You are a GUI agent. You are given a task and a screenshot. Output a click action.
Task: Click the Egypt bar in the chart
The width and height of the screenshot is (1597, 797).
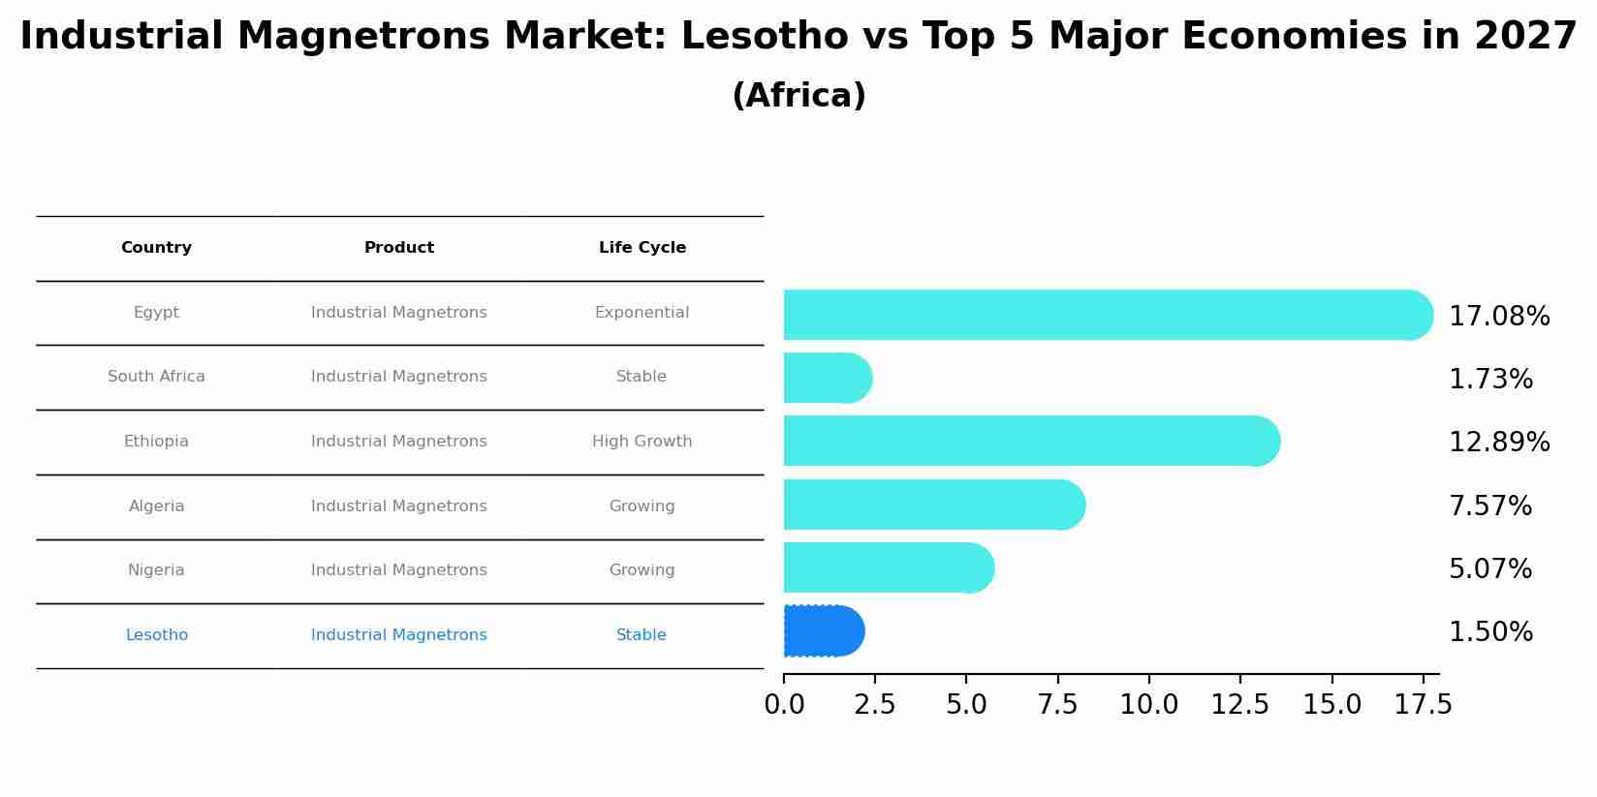pos(1105,315)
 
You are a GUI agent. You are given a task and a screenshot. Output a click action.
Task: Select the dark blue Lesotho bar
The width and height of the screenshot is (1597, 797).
pos(823,631)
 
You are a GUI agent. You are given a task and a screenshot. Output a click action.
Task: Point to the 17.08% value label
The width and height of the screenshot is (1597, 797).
pos(1498,317)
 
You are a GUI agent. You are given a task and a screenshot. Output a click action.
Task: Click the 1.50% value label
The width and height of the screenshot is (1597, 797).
pos(1489,632)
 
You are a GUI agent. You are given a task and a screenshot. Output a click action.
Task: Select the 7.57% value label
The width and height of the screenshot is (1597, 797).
pos(1489,506)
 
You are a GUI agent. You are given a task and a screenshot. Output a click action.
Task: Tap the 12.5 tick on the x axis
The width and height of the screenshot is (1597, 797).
pos(1239,705)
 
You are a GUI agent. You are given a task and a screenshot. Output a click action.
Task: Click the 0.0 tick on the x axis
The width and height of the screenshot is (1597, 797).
pos(784,705)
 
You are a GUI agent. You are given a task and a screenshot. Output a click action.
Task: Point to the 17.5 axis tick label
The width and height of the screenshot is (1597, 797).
pos(1423,705)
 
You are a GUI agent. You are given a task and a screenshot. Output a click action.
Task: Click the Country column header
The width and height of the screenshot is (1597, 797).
pos(156,248)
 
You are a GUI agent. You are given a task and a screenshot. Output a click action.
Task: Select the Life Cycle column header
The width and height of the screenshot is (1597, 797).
pos(642,248)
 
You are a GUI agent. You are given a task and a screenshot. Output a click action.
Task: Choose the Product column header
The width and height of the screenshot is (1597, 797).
pos(398,248)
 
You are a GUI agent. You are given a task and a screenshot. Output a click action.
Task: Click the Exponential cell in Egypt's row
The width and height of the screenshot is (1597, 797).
pos(642,313)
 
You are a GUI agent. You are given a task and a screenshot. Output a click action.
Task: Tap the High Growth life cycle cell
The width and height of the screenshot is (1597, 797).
pos(642,442)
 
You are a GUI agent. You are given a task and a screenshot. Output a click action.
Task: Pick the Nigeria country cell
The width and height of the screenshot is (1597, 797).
pos(156,570)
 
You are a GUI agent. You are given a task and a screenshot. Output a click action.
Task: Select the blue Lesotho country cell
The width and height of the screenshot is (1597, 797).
pos(156,635)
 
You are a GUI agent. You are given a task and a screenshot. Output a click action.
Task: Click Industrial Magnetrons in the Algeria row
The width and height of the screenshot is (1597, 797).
pos(398,506)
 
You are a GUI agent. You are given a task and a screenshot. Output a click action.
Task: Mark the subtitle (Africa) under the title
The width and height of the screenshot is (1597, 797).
pos(798,96)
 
